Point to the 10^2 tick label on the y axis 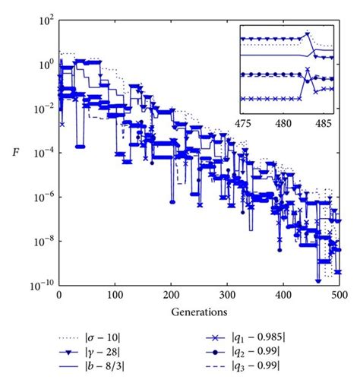coord(45,21)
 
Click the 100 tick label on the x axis coord(115,294)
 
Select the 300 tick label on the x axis coord(227,294)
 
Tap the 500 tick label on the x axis coord(339,294)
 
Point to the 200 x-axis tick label coord(171,294)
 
